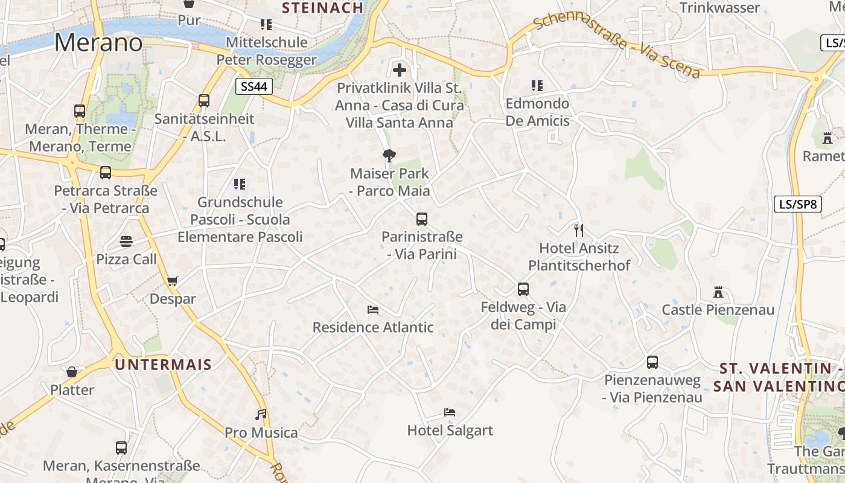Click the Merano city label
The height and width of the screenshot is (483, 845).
(x=98, y=43)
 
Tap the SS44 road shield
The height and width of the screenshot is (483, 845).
(x=253, y=86)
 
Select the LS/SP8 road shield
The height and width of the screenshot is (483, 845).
(x=797, y=204)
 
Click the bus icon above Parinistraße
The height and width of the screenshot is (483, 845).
(x=422, y=219)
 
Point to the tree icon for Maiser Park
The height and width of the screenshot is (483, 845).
(x=389, y=156)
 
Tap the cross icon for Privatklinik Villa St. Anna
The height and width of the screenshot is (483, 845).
(x=399, y=69)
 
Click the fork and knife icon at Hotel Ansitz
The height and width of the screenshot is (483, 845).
(x=578, y=230)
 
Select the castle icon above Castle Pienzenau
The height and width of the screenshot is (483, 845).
(x=718, y=292)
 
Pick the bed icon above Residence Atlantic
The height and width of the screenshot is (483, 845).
(x=373, y=310)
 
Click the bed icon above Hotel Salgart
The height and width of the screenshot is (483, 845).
(x=450, y=412)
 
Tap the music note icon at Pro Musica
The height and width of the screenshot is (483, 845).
(x=261, y=414)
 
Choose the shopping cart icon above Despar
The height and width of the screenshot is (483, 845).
(x=173, y=281)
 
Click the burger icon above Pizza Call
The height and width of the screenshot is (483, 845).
(x=126, y=241)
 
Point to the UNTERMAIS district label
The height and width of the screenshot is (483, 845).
(x=163, y=365)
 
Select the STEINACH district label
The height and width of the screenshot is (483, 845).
(x=323, y=8)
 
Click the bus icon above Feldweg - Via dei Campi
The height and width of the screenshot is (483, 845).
(x=523, y=289)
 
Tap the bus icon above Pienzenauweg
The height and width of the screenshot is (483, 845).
(x=652, y=362)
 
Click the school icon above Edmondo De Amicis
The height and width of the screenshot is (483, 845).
(x=537, y=86)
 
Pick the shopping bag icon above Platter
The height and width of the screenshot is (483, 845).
(x=72, y=372)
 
